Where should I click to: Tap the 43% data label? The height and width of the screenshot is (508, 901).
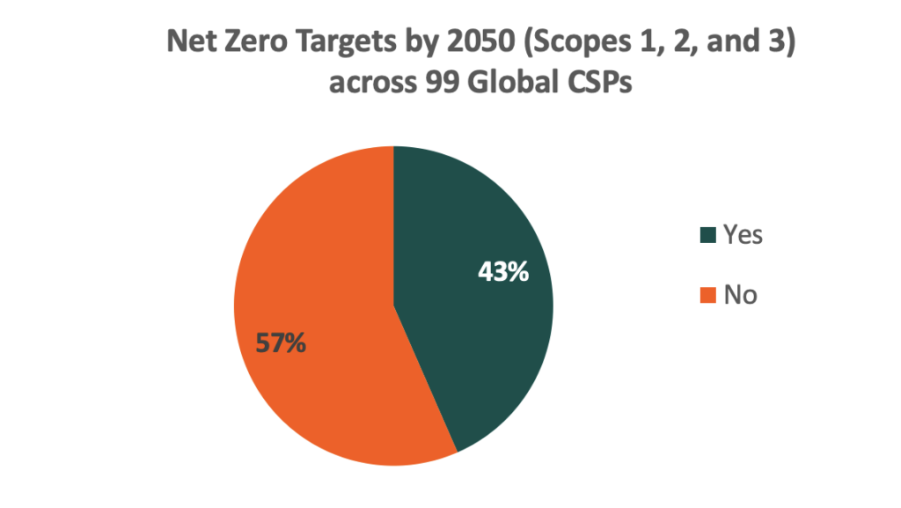(x=503, y=272)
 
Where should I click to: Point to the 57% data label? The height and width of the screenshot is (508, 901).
(x=281, y=343)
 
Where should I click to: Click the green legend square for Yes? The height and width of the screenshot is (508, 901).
(x=707, y=235)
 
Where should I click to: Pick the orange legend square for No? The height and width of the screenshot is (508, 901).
(x=707, y=295)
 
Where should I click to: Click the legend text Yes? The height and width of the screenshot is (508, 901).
(x=743, y=235)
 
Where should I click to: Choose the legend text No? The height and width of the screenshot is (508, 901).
(x=740, y=295)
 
